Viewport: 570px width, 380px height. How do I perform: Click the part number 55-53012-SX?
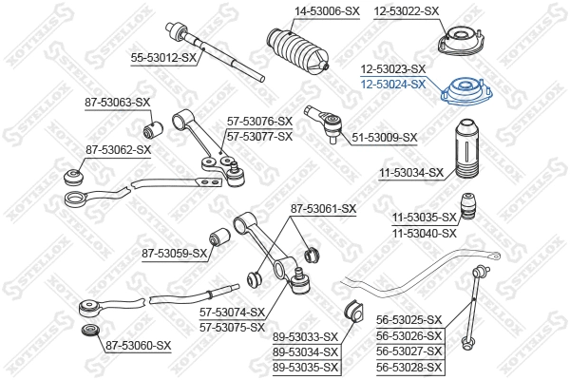click(162, 58)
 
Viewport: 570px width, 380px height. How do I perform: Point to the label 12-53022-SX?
click(406, 10)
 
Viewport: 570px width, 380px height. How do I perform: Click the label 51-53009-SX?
click(385, 138)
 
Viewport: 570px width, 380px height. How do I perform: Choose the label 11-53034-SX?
click(411, 172)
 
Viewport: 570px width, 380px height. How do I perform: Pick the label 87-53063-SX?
click(118, 102)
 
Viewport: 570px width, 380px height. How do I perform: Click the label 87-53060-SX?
click(138, 345)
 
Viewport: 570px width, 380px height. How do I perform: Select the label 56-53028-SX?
click(410, 367)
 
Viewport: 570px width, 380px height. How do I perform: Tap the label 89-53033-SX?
click(305, 337)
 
